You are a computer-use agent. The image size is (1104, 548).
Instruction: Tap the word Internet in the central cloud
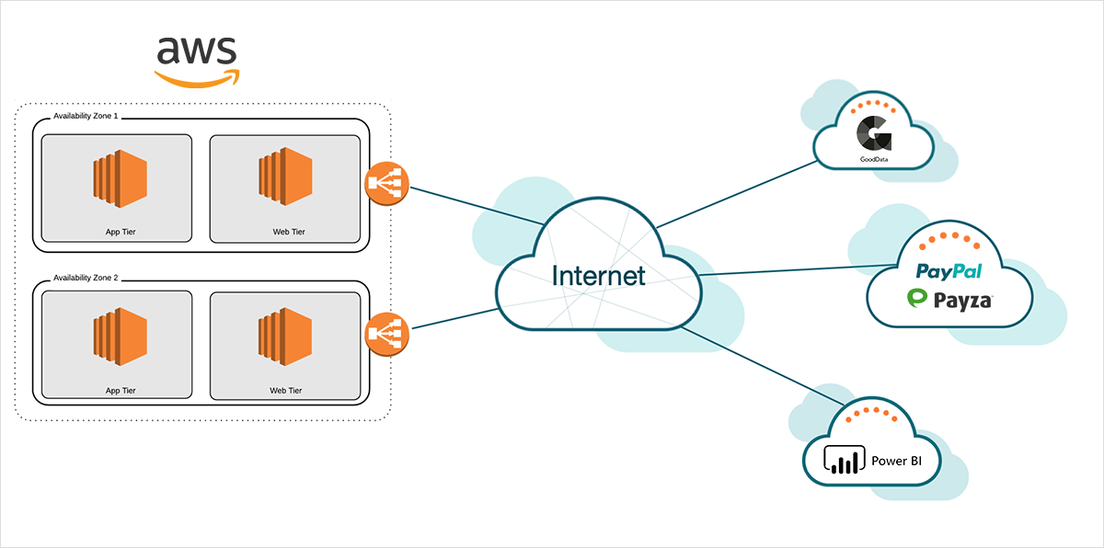[598, 275]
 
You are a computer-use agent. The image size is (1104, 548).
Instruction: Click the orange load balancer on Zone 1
[386, 184]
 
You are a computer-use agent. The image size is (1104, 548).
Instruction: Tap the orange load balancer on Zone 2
[386, 334]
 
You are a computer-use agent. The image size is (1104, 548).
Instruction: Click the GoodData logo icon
[873, 133]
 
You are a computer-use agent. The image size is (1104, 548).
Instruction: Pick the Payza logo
[949, 299]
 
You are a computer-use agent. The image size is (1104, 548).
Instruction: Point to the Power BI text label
[896, 461]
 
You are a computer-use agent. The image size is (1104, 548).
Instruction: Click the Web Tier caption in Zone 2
[286, 391]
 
